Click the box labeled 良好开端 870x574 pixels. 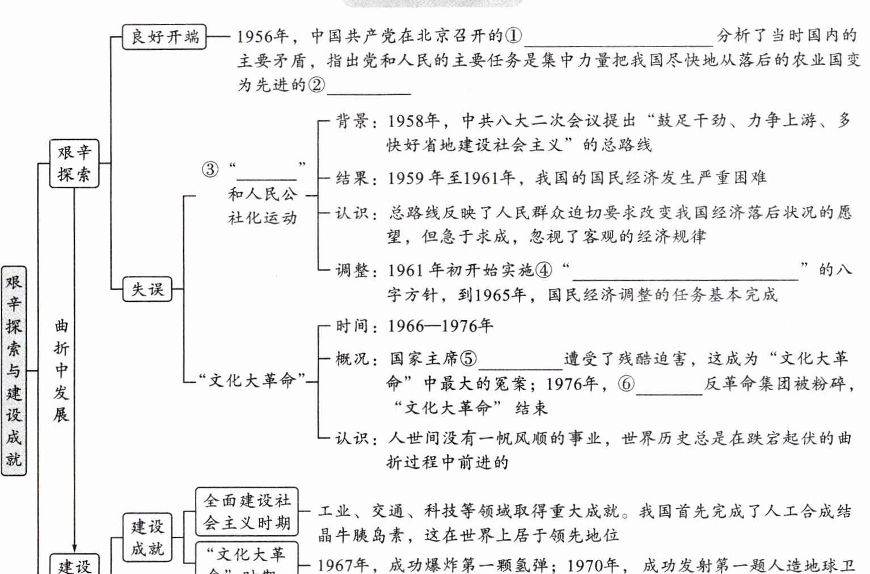coord(164,37)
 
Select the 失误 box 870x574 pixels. coord(147,289)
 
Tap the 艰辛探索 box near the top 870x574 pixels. coord(74,163)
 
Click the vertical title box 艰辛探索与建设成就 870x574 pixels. coord(14,370)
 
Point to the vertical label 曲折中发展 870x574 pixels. coord(61,370)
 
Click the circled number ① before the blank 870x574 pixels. coord(513,36)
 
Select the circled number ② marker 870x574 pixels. coord(316,85)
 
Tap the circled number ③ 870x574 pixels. coord(210,169)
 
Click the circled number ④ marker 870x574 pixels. coord(543,270)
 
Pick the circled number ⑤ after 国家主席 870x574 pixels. coord(468,358)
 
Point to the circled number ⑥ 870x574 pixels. coord(626,384)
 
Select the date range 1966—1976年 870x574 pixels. coord(440,326)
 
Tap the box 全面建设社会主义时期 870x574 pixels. coord(247,512)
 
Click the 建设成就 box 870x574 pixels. coord(147,537)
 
